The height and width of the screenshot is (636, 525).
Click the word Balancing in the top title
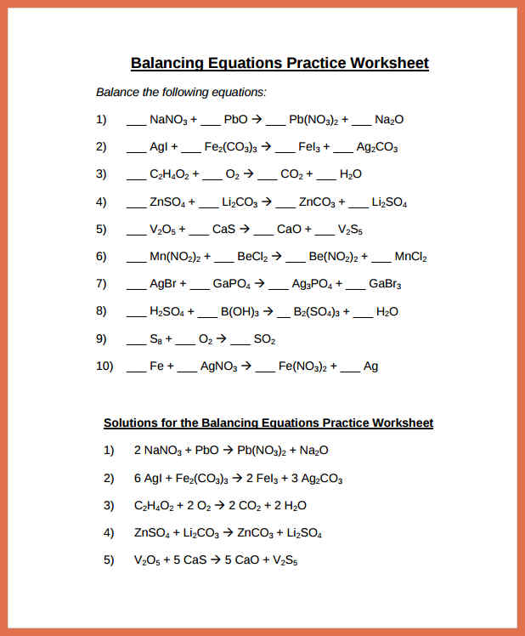(167, 63)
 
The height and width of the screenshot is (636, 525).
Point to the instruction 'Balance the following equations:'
(181, 92)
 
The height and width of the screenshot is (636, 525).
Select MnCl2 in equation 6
(411, 256)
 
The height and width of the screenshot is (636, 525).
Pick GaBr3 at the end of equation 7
(385, 284)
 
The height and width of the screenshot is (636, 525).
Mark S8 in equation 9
(155, 339)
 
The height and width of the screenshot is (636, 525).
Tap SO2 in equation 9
(265, 339)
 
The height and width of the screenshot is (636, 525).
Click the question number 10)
(104, 366)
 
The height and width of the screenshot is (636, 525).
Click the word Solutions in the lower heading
(130, 423)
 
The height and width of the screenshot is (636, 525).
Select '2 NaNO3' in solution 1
(155, 451)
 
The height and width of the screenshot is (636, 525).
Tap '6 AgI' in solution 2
(150, 479)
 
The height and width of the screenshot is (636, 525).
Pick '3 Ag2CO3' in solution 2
(316, 479)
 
